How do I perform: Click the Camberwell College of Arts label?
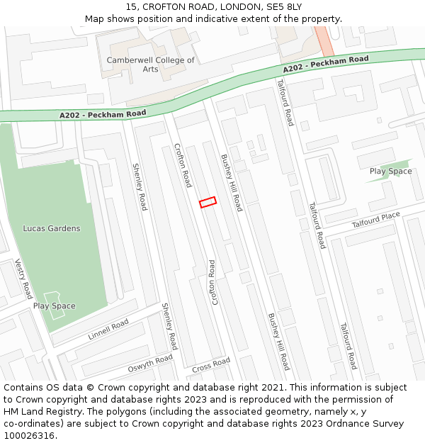(150, 65)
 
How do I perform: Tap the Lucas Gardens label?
(52, 228)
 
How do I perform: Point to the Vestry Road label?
(24, 279)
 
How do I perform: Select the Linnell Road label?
(108, 330)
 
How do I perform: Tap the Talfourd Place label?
(375, 220)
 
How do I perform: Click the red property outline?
(208, 202)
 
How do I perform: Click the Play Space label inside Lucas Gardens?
(54, 306)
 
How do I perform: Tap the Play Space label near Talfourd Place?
(390, 172)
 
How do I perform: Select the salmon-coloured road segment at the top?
(324, 40)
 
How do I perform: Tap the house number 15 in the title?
(132, 7)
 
